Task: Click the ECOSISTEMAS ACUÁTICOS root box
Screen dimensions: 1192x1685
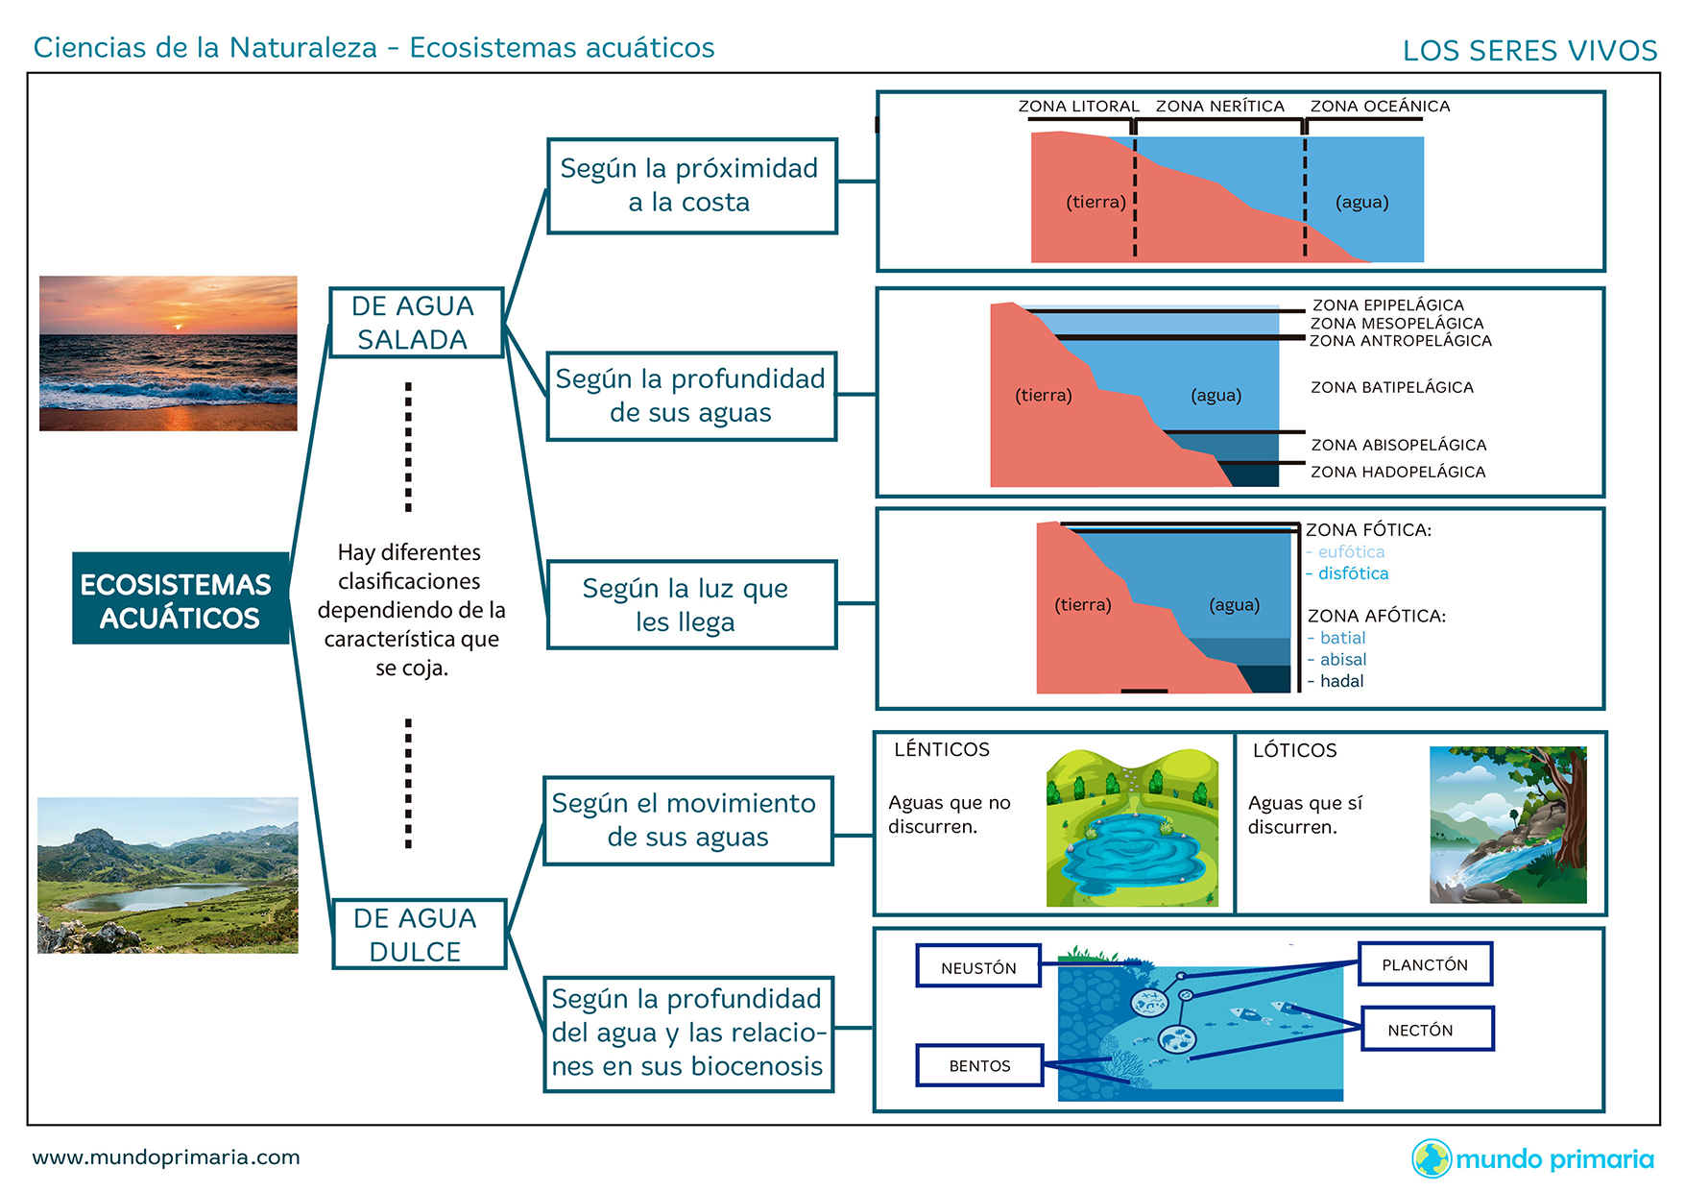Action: [180, 598]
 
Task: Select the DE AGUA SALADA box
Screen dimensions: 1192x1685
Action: [415, 323]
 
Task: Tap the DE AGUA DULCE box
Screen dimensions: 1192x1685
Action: [418, 934]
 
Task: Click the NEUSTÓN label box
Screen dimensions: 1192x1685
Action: [978, 967]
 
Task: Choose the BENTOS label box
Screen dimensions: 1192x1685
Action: [979, 1065]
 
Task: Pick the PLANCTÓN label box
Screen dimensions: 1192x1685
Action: [1425, 964]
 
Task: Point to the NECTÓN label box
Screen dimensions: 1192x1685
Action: [1427, 1030]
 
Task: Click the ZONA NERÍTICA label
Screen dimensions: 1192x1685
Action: [1219, 106]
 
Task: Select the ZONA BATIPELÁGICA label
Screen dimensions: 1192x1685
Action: [1391, 387]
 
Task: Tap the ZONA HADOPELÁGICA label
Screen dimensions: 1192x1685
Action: [1398, 472]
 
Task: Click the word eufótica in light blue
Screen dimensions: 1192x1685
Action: [1351, 551]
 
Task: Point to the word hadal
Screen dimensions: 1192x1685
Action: [1341, 681]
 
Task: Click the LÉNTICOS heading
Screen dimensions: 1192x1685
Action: [941, 749]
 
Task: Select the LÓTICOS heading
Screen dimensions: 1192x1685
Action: [1294, 750]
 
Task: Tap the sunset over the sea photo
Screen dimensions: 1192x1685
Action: [168, 353]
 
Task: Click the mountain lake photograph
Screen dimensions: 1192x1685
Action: [168, 875]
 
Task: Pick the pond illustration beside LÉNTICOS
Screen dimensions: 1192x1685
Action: [1132, 828]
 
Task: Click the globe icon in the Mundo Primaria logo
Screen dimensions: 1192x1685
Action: [1431, 1158]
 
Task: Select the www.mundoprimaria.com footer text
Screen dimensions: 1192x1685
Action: [166, 1157]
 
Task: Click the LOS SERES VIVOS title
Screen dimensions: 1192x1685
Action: [1529, 51]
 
